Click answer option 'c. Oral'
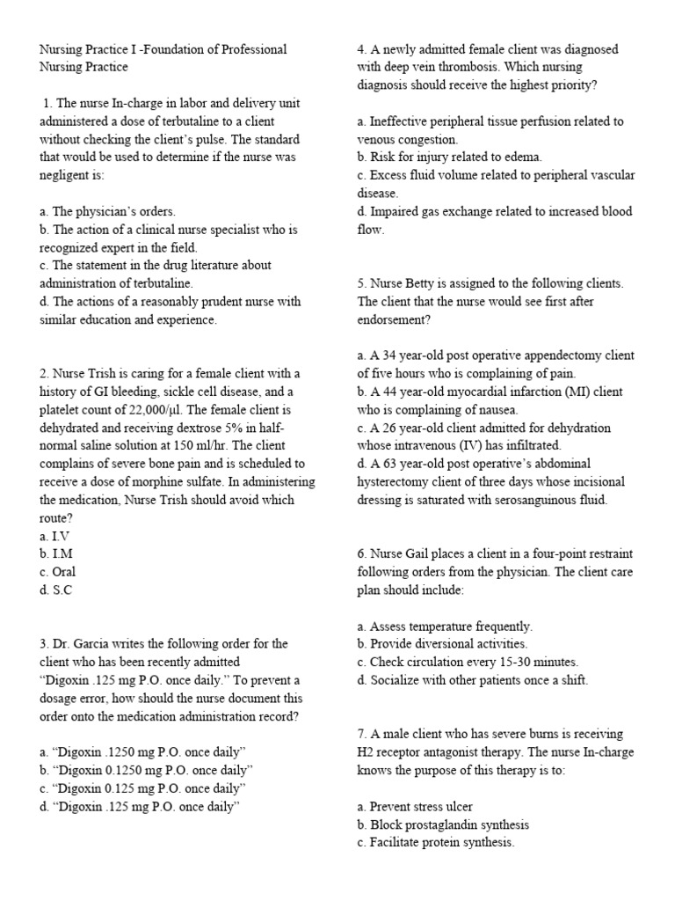[57, 572]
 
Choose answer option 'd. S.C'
[55, 590]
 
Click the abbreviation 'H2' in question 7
[367, 751]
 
